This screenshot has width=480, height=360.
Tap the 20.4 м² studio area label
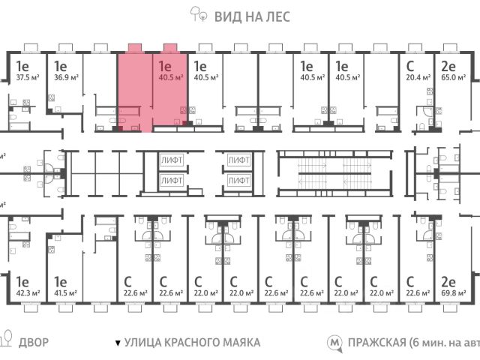418,77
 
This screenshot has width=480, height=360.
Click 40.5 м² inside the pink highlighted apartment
172,77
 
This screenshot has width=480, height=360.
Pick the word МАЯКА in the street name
238,343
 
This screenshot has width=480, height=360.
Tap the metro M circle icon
334,343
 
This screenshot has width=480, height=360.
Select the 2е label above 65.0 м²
448,65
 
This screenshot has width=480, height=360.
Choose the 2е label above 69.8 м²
448,282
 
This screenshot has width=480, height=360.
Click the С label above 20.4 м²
409,65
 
